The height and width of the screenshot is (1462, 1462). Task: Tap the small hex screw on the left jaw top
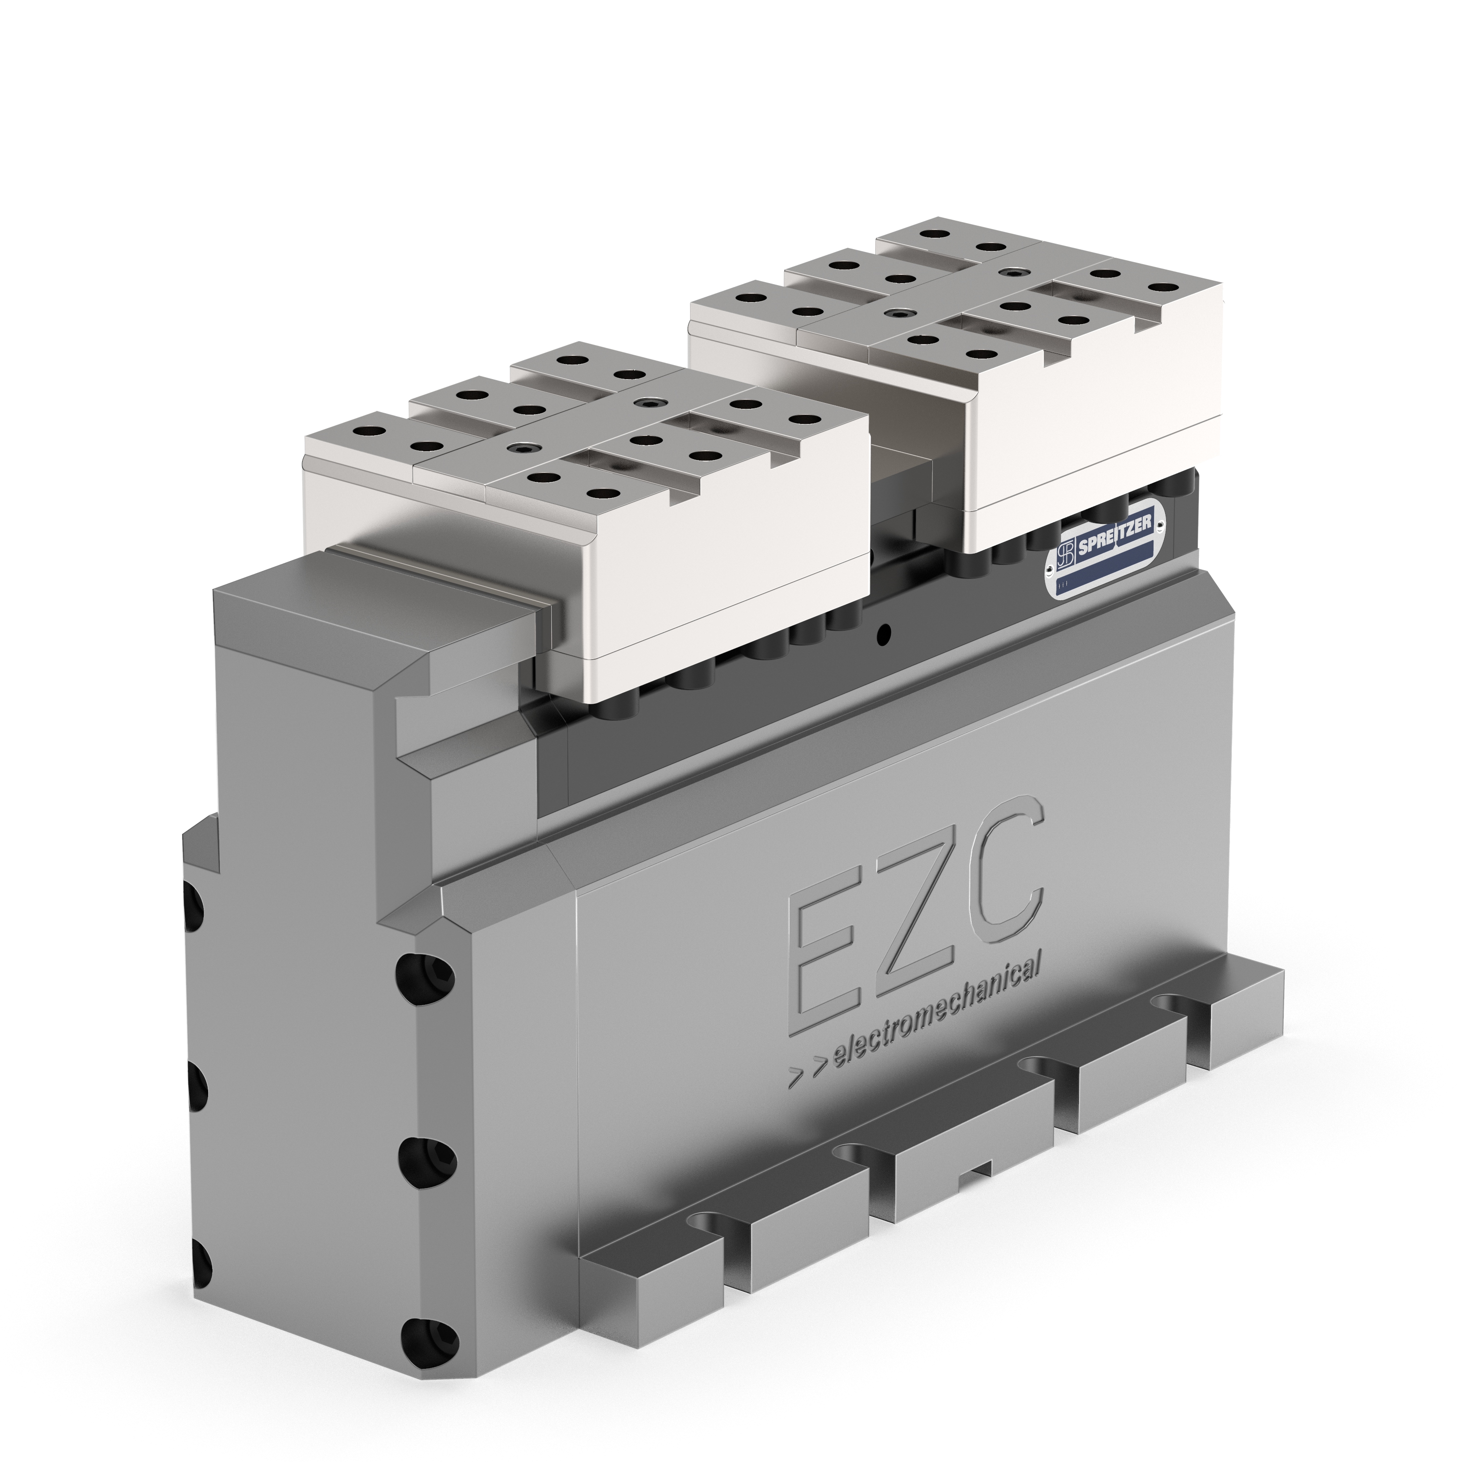tap(522, 448)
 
